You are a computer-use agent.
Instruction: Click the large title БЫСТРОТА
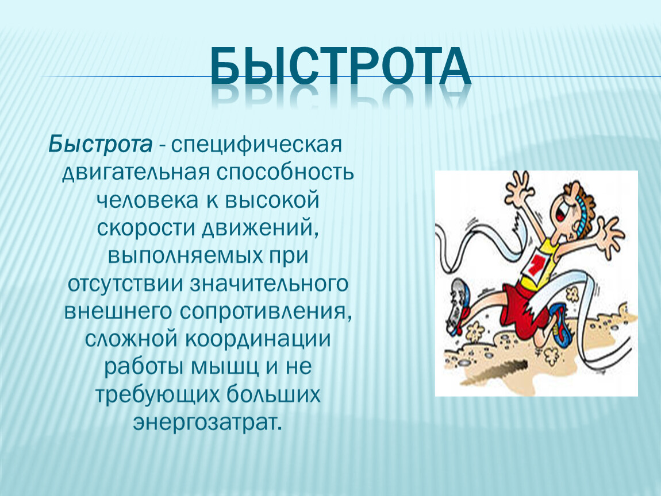(341, 67)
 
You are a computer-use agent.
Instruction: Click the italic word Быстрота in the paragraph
(101, 145)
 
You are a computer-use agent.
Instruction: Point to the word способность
(286, 172)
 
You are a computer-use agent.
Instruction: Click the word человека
(148, 200)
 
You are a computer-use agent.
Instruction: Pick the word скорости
(146, 228)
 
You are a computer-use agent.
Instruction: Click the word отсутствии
(125, 284)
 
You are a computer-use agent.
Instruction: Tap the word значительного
(270, 284)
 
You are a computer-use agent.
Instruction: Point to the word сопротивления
(266, 312)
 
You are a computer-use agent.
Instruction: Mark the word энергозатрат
(207, 423)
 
